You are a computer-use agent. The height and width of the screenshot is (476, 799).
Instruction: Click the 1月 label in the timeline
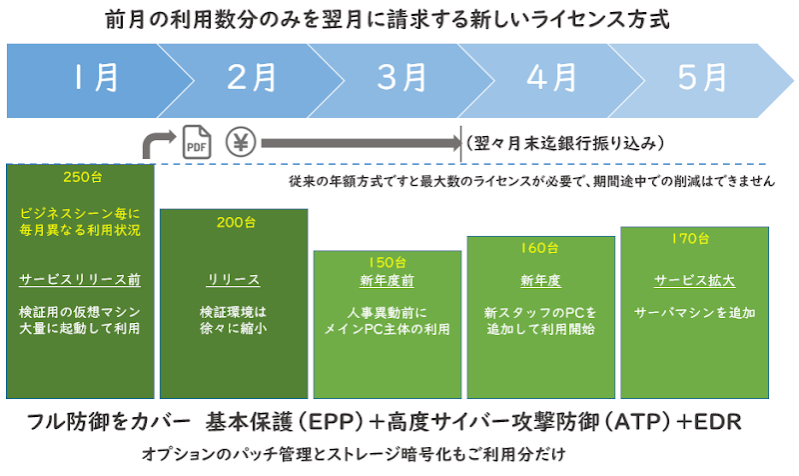click(95, 78)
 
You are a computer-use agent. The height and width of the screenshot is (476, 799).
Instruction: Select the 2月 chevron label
click(252, 78)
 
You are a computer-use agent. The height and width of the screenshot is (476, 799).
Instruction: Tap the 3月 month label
click(402, 78)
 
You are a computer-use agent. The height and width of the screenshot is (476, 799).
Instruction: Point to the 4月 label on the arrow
click(552, 78)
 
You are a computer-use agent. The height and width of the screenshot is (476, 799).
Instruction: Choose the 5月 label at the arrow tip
click(702, 78)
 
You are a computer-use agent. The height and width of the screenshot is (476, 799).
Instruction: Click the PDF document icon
click(197, 142)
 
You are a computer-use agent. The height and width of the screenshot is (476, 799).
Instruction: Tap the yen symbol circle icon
click(241, 142)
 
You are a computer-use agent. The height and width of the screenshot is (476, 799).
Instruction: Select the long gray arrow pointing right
click(362, 143)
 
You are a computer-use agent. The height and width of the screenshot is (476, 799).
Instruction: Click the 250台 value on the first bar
click(83, 177)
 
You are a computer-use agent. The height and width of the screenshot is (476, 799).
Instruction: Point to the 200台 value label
click(236, 222)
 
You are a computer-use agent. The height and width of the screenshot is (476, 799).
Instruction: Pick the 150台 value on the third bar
click(388, 263)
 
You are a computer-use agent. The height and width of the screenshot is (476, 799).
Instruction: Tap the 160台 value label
click(539, 248)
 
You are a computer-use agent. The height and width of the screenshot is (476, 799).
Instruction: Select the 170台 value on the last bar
click(690, 239)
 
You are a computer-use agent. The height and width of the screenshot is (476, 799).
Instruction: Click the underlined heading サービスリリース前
click(80, 280)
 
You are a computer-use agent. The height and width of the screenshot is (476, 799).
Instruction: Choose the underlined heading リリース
click(234, 280)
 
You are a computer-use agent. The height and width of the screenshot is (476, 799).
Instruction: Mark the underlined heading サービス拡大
click(694, 281)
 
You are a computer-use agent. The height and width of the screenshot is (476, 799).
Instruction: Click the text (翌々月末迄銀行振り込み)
click(565, 143)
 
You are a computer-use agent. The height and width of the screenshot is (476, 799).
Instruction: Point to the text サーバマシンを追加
click(694, 313)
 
